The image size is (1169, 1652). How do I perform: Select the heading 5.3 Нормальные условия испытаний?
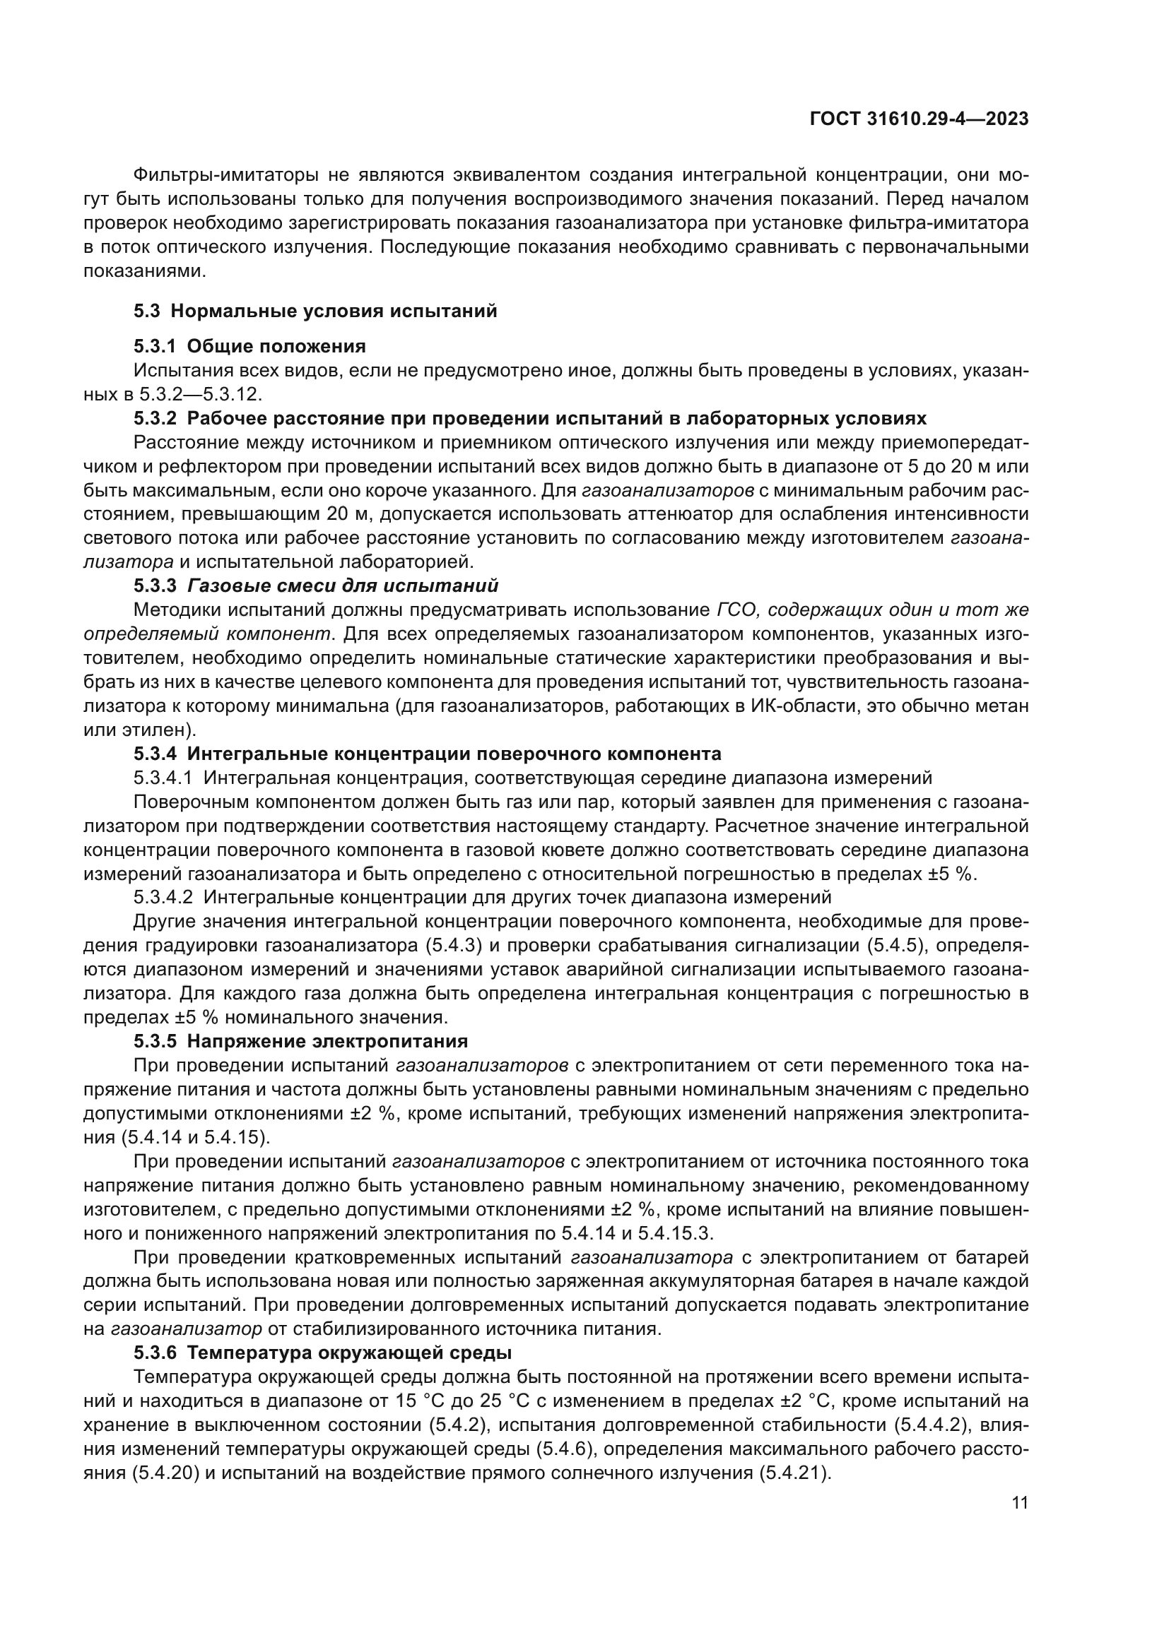[315, 311]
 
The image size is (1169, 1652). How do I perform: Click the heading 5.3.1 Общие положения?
[249, 347]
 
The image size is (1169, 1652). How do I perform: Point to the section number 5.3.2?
[155, 419]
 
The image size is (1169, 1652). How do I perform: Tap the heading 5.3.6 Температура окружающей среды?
[322, 1353]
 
